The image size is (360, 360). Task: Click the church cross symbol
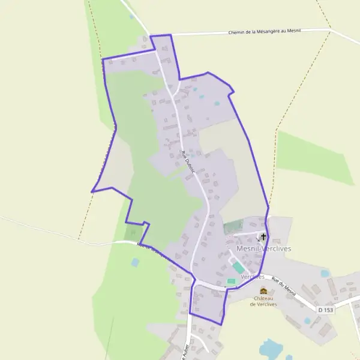[x=263, y=236]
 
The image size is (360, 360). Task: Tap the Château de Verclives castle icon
[x=263, y=291]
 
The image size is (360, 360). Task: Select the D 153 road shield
[x=325, y=310]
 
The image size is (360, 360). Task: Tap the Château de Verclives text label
[x=264, y=301]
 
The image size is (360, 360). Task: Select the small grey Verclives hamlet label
[x=253, y=277]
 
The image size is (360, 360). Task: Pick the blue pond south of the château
[x=271, y=347]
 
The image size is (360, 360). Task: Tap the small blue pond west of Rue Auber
[x=135, y=262]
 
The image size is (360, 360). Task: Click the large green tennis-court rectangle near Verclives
[x=238, y=266]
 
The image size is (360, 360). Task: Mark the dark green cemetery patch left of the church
[x=233, y=227]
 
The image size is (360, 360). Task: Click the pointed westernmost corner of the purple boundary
[x=92, y=191]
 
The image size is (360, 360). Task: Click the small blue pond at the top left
[x=131, y=16]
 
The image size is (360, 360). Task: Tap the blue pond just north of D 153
[x=325, y=274]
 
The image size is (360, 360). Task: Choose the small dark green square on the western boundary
[x=131, y=232]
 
